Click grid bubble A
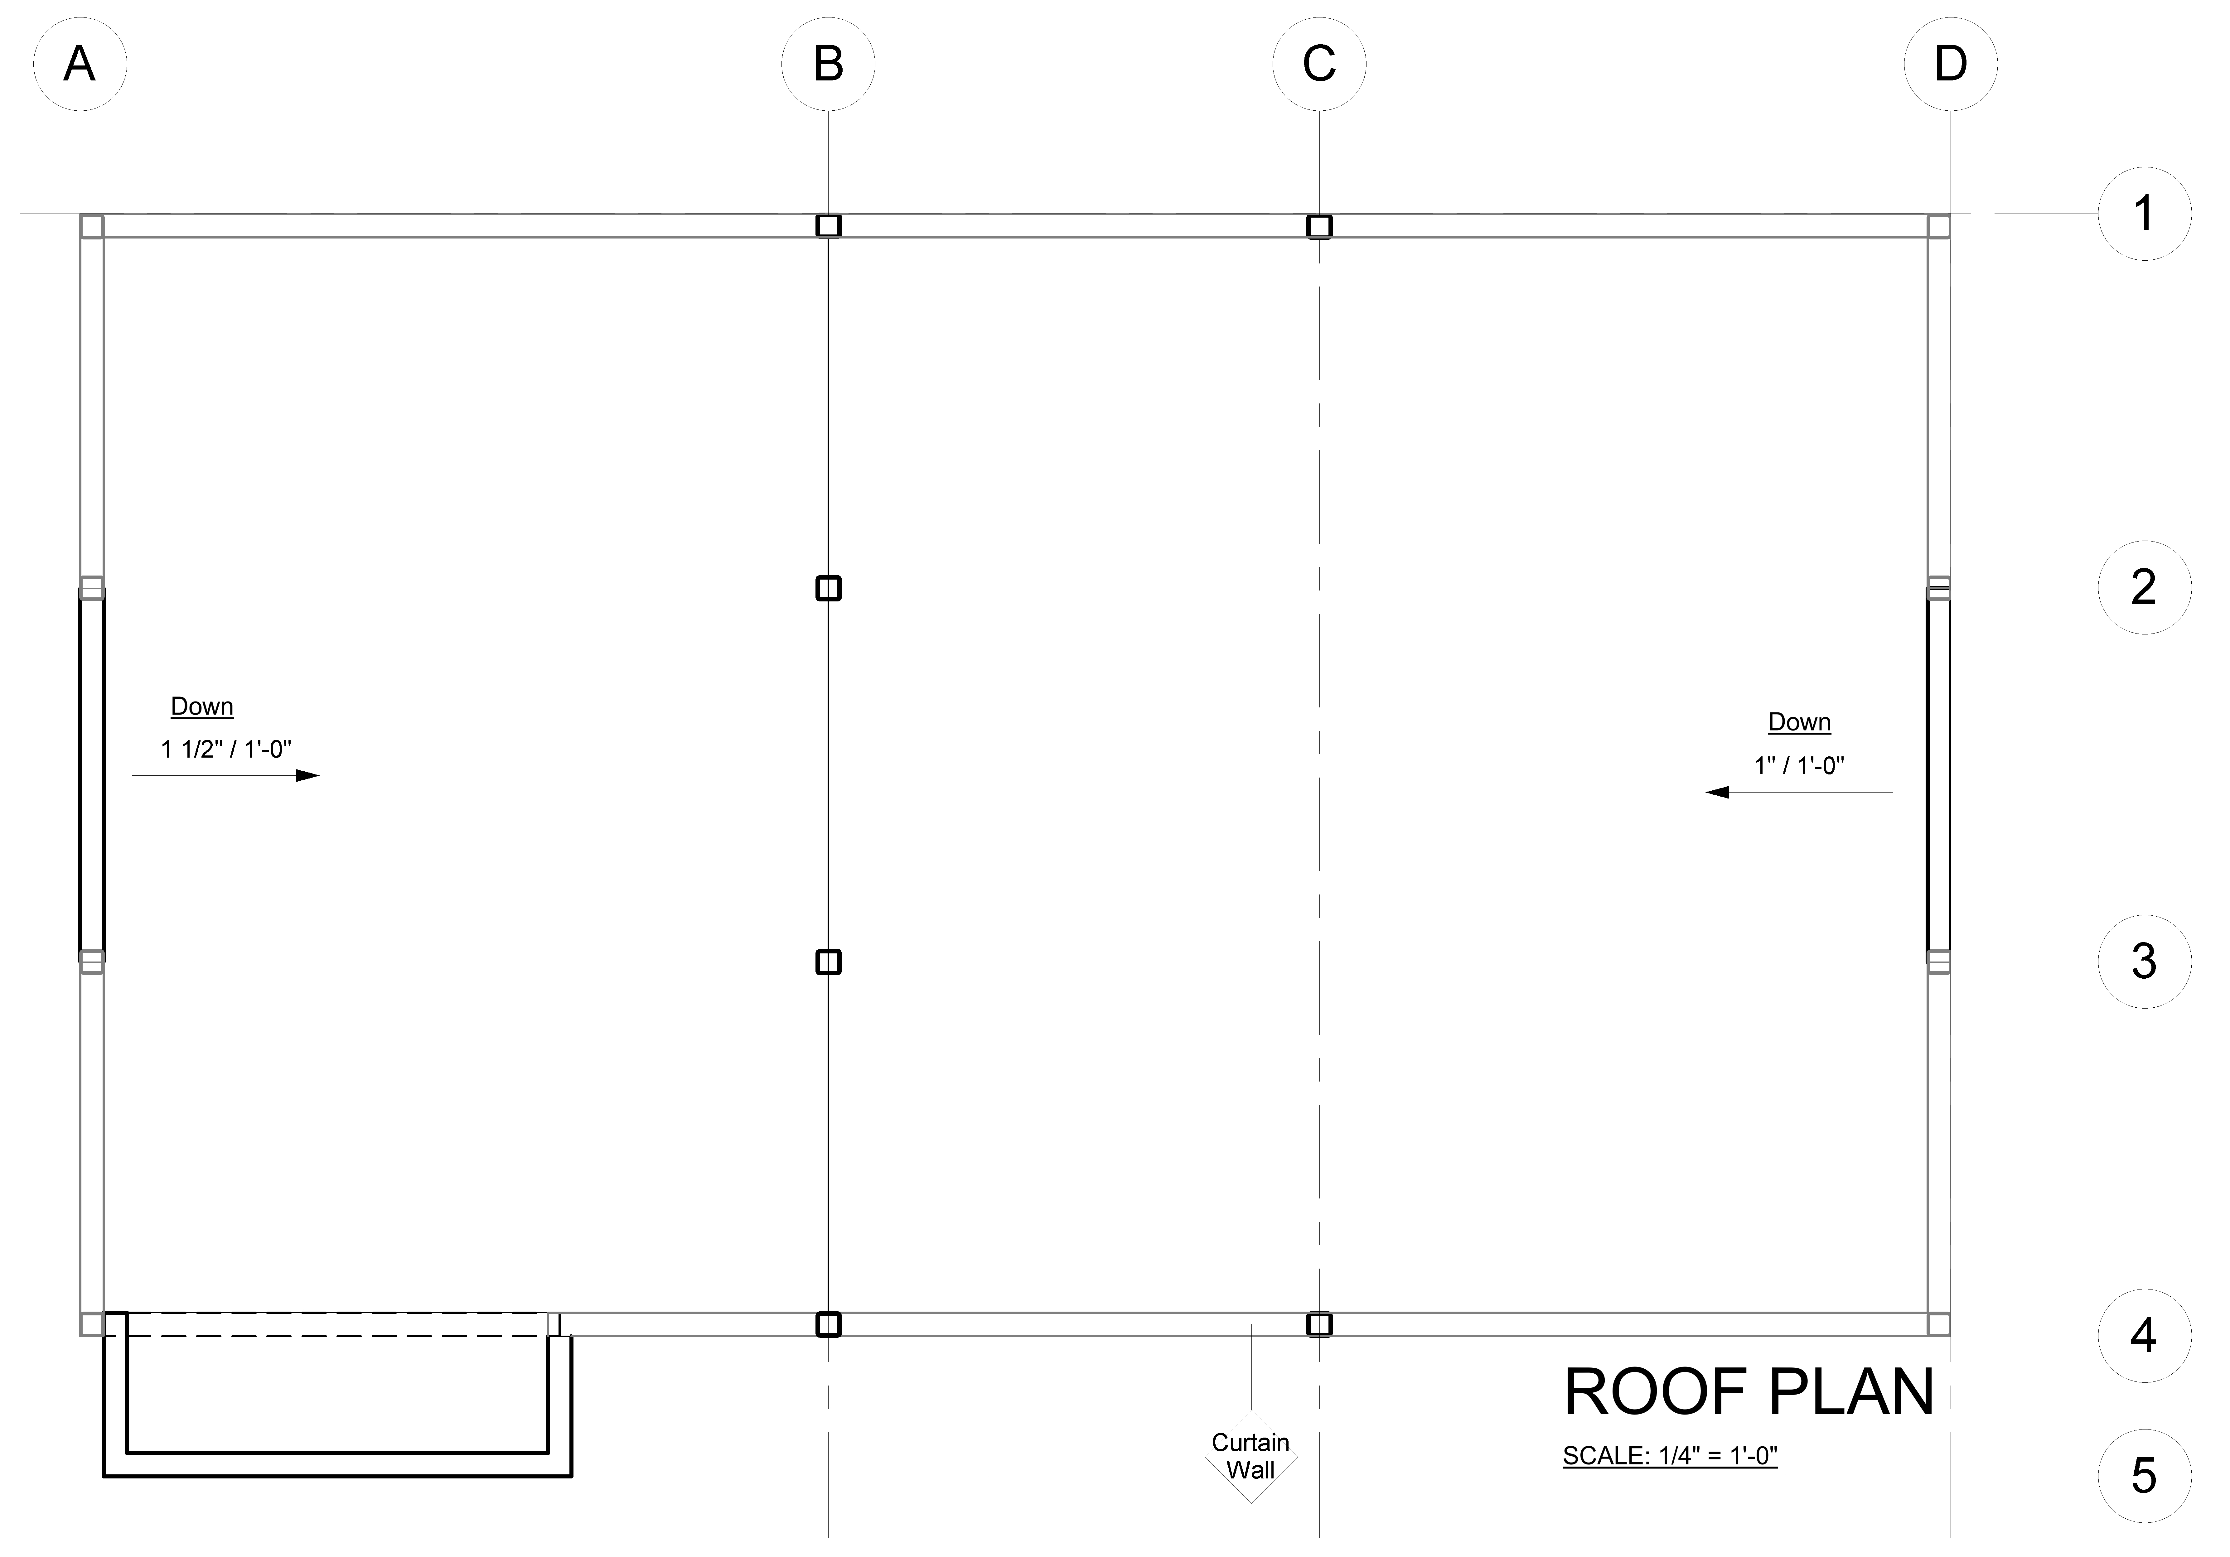click(x=80, y=64)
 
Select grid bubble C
click(x=1319, y=64)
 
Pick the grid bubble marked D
click(x=1950, y=64)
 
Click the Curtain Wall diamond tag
click(x=1251, y=1456)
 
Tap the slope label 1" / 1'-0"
click(x=1799, y=765)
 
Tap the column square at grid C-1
click(x=1319, y=226)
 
